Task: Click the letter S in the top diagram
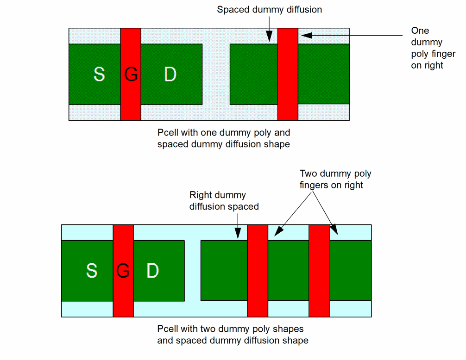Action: (99, 74)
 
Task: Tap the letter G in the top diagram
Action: (131, 74)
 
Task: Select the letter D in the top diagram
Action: (170, 74)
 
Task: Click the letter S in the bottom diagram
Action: (92, 270)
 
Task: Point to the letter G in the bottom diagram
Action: (123, 270)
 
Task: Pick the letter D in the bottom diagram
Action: (152, 270)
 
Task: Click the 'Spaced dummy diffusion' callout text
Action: (269, 10)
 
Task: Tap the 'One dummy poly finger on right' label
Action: (433, 48)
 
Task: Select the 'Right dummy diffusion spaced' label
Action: (224, 201)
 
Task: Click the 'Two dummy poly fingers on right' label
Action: (335, 180)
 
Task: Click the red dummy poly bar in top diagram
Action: (288, 74)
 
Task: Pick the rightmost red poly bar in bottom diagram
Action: (319, 270)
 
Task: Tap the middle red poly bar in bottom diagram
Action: (258, 270)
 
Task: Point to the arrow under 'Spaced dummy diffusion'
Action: (269, 30)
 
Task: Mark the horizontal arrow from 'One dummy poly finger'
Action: (352, 35)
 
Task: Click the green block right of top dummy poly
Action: (323, 74)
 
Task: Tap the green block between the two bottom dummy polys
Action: (288, 270)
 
